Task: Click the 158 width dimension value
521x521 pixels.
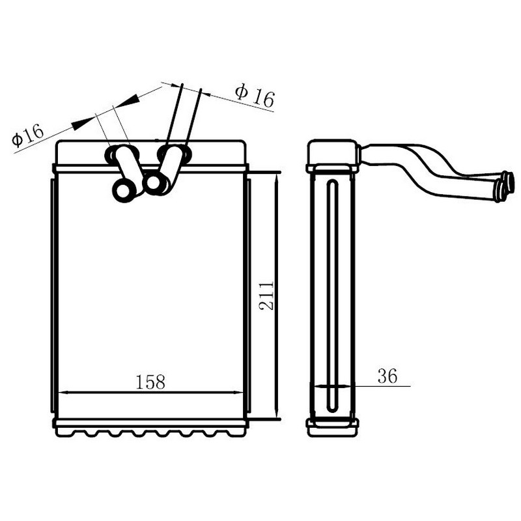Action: (150, 382)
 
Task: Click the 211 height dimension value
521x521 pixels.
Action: (266, 296)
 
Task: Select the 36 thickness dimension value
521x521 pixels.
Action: (387, 376)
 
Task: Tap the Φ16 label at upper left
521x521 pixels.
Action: (27, 135)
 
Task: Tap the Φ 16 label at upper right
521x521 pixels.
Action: (255, 96)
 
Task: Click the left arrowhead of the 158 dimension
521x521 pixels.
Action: (63, 393)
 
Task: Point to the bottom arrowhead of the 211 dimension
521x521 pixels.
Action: (277, 414)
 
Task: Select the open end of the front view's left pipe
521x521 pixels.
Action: (123, 191)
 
